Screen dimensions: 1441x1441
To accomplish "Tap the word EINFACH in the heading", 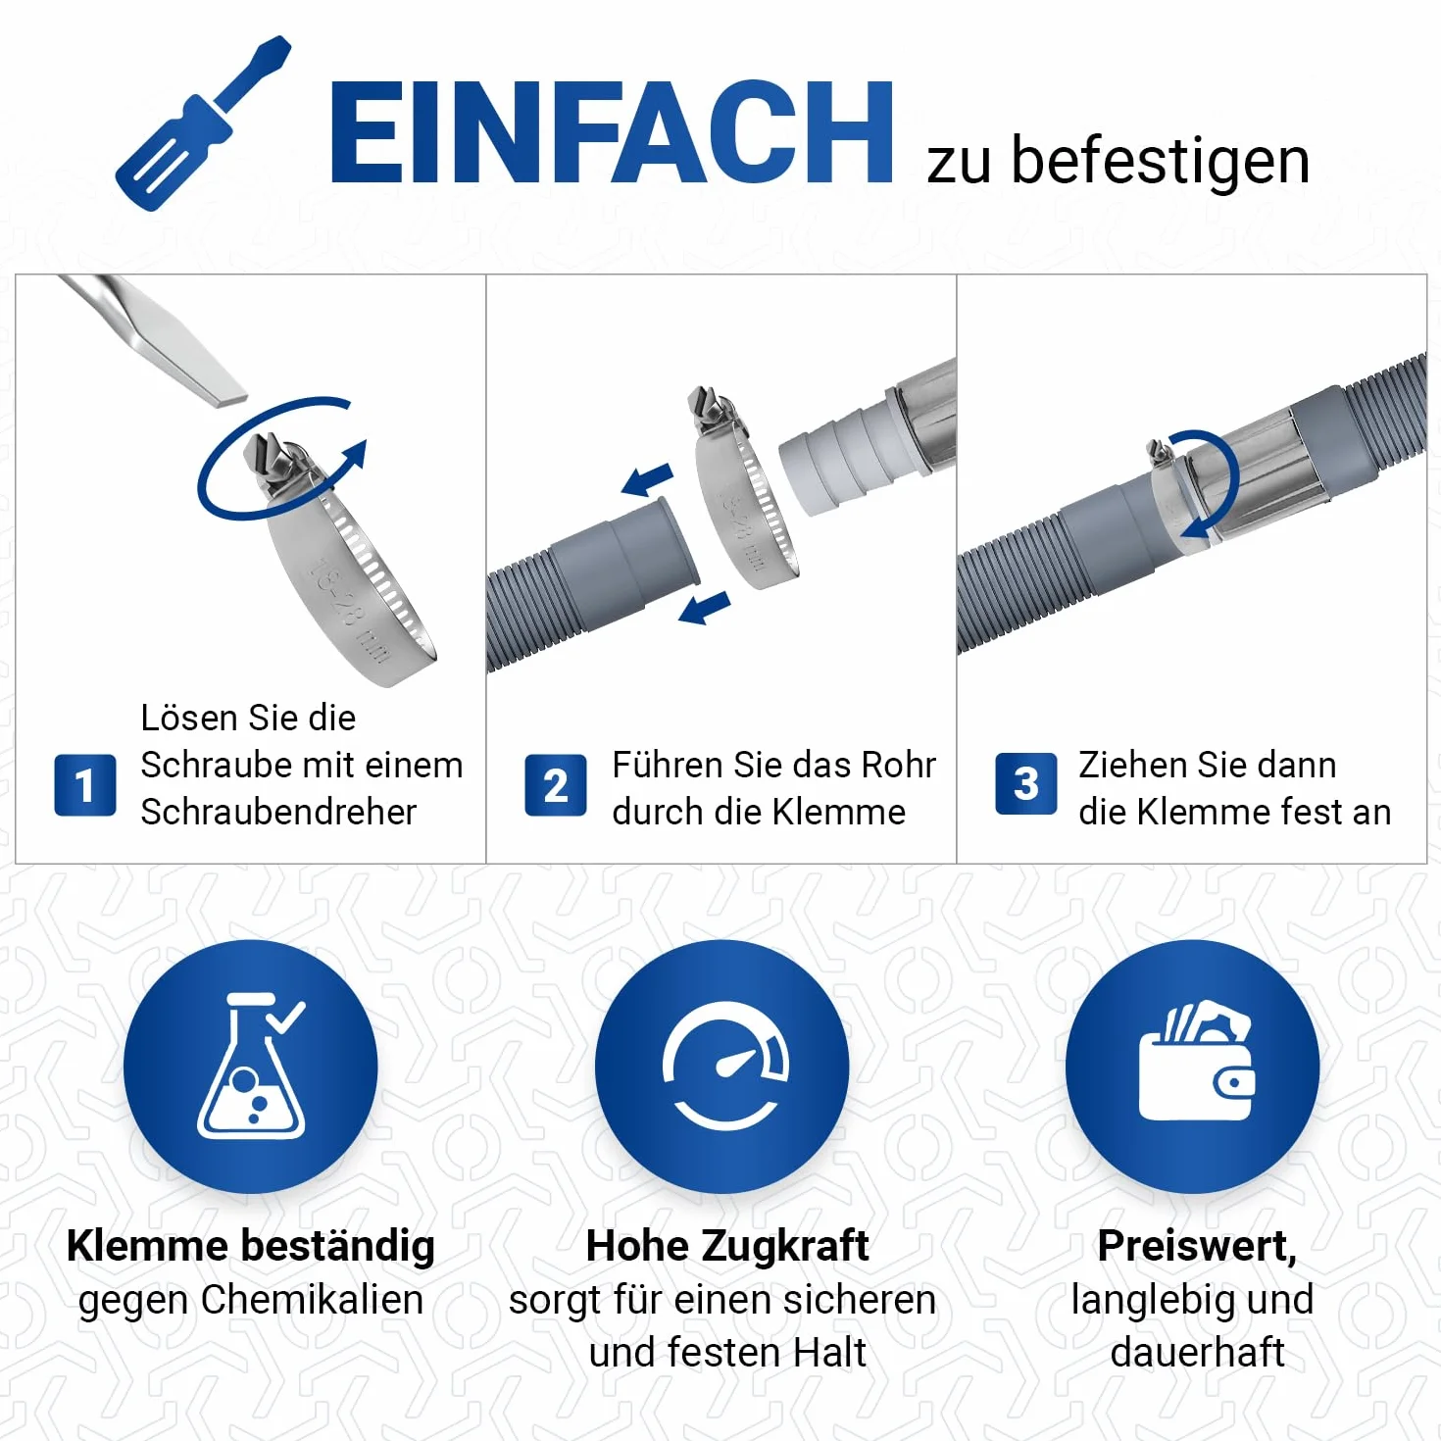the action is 611,132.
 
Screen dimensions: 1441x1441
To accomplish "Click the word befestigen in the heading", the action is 1160,163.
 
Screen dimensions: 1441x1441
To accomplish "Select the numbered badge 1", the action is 85,785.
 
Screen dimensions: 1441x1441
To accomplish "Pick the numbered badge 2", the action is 556,785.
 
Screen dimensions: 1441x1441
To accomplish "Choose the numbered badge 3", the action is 1026,783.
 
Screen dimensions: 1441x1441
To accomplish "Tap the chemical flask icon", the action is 251,1065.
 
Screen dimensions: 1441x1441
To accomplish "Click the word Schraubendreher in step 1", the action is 278,812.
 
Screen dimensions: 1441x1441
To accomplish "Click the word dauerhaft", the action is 1197,1352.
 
